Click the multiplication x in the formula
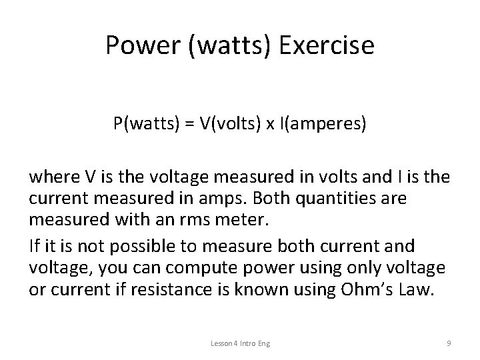[x=271, y=126]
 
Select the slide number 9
[x=449, y=343]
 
